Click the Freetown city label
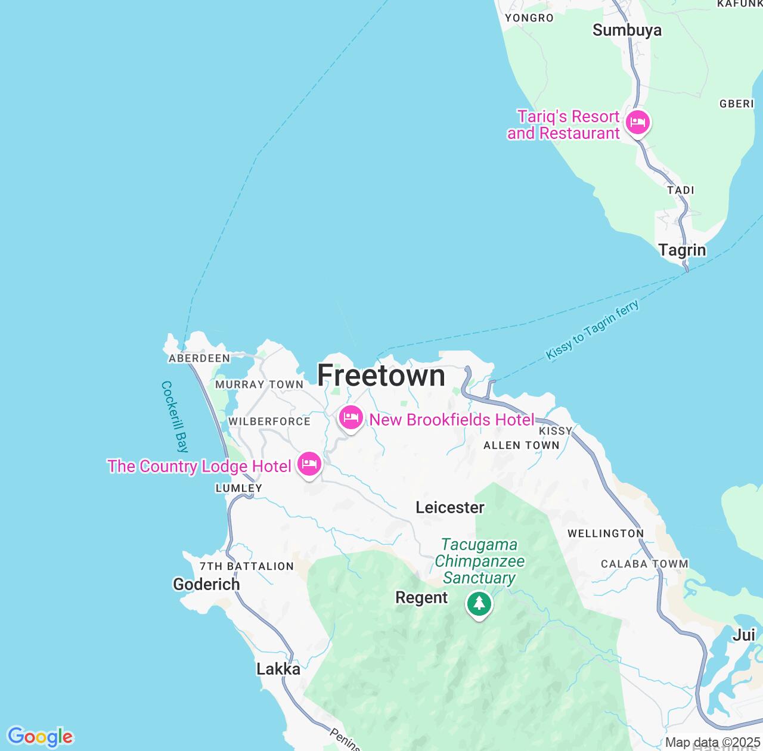click(381, 375)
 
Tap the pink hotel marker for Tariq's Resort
click(638, 123)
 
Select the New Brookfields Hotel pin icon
click(351, 418)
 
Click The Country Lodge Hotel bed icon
click(309, 464)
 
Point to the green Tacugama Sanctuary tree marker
click(479, 604)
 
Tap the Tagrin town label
click(682, 250)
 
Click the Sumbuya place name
click(626, 30)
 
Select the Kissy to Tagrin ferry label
click(592, 330)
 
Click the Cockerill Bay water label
click(175, 417)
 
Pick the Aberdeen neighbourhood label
click(199, 358)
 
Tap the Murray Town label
click(259, 384)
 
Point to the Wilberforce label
click(269, 421)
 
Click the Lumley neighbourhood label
click(238, 488)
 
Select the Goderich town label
click(206, 584)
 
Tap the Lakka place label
click(278, 669)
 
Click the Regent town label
click(421, 598)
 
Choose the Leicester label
click(450, 507)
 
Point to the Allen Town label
click(522, 445)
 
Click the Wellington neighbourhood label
click(606, 533)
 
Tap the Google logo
click(40, 737)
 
